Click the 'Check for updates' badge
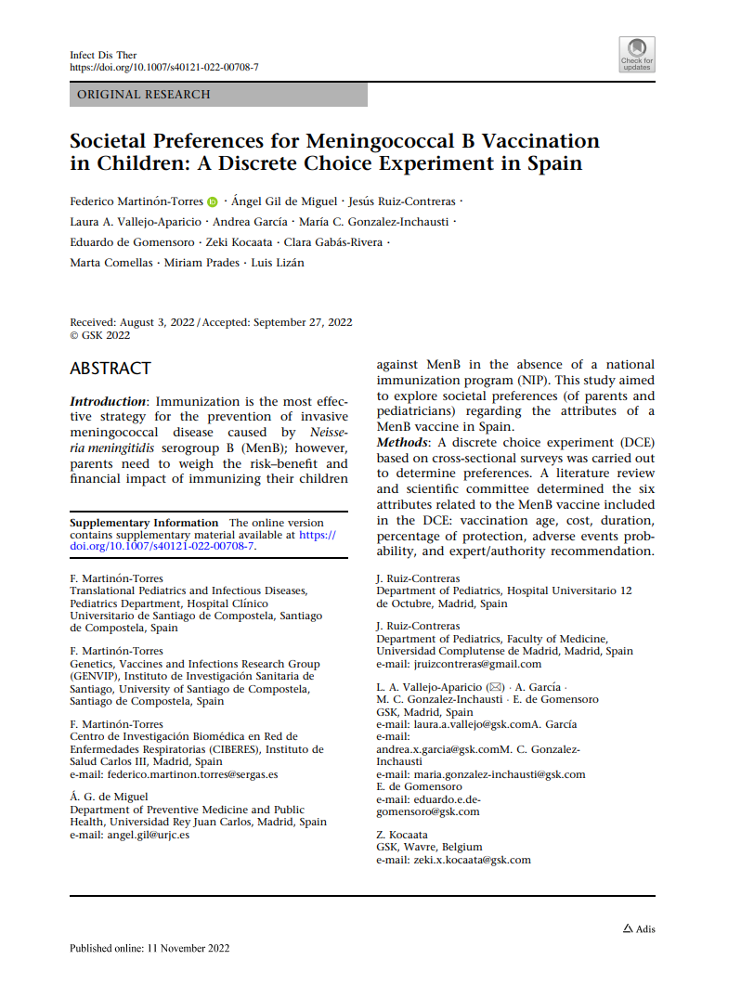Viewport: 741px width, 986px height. (637, 54)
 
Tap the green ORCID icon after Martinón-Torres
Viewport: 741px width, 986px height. (213, 201)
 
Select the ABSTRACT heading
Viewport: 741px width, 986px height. (110, 369)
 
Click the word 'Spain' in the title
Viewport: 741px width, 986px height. (550, 164)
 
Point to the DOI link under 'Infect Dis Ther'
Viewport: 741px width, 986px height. (164, 68)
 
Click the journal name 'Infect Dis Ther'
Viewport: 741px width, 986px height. (103, 55)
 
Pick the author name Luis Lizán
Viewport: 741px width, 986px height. (278, 262)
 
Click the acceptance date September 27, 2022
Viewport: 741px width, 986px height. (301, 322)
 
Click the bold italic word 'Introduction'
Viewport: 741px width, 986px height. (108, 401)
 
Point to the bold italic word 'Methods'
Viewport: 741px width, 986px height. (401, 442)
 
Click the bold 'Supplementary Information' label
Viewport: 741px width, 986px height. (144, 523)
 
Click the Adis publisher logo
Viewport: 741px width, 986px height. (638, 928)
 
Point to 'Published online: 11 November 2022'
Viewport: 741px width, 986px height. (149, 948)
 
